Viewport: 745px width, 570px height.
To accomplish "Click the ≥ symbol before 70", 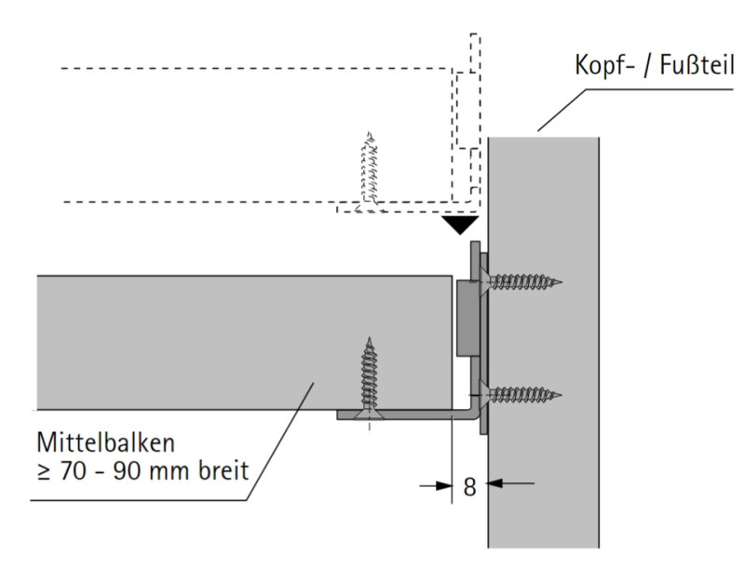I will pos(40,468).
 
